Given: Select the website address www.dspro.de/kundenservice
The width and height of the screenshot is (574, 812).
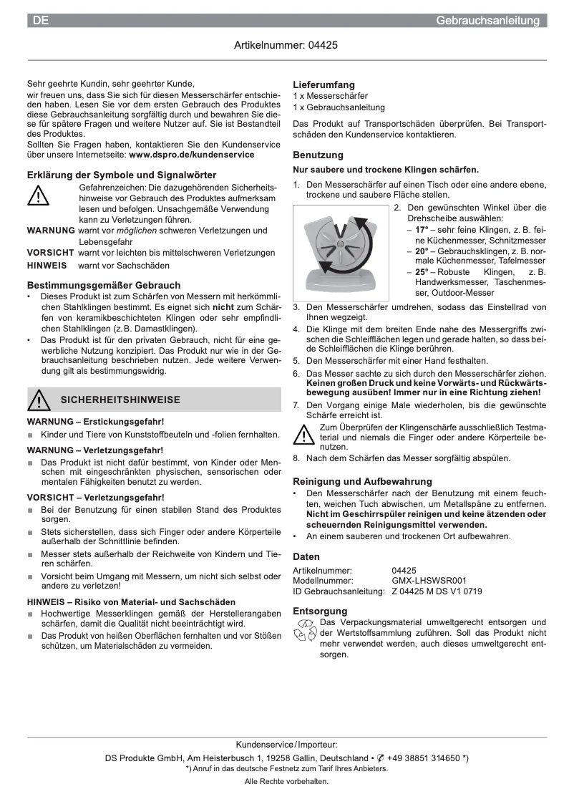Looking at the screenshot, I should click(x=191, y=154).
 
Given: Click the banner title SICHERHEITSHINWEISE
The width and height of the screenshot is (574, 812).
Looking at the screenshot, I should click(x=120, y=400).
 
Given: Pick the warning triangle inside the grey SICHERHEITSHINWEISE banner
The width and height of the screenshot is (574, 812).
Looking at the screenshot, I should click(x=39, y=400).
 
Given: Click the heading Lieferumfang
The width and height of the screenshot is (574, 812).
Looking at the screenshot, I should click(x=324, y=84).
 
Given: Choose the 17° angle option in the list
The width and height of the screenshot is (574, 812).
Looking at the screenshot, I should click(x=422, y=230).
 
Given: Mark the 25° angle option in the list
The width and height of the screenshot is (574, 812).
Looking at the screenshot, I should click(x=422, y=272).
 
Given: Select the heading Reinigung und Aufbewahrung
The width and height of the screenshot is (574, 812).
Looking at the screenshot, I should click(x=362, y=482).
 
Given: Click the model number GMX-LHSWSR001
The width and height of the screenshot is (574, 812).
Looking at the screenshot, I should click(x=429, y=581).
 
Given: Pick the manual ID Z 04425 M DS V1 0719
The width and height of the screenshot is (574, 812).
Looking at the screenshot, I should click(x=437, y=591).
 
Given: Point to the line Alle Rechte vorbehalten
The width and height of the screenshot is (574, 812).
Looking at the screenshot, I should click(x=286, y=781).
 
